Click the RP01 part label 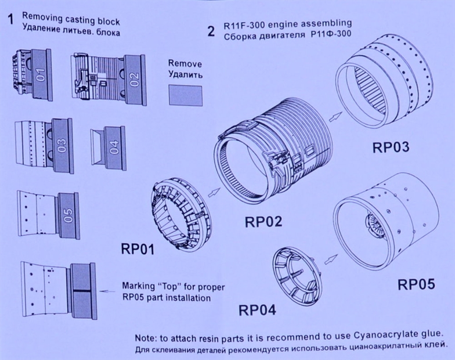click(x=138, y=249)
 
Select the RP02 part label click(x=263, y=222)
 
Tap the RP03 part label click(x=391, y=147)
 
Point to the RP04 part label click(x=257, y=310)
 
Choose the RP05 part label click(x=417, y=285)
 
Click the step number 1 click(x=10, y=20)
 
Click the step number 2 click(x=211, y=31)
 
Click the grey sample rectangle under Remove click(x=186, y=95)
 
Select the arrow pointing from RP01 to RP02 click(x=214, y=192)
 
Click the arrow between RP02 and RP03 click(x=334, y=117)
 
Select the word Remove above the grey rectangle click(x=185, y=64)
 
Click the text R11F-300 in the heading click(x=244, y=25)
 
